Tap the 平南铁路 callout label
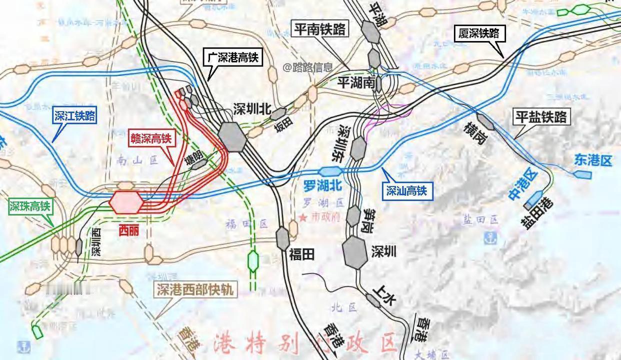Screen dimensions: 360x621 pyautogui.click(x=320, y=29)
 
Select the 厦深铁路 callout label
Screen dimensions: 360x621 pyautogui.click(x=479, y=33)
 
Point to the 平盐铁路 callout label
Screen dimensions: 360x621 pyautogui.click(x=541, y=117)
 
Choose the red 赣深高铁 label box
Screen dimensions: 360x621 pyautogui.click(x=150, y=138)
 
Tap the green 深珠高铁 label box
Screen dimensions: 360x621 pyautogui.click(x=30, y=205)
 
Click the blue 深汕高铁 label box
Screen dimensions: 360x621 pyautogui.click(x=406, y=190)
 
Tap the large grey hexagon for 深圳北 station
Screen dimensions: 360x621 pyautogui.click(x=232, y=136)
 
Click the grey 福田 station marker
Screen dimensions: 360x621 pyautogui.click(x=282, y=238)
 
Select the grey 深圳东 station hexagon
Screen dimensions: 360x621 pyautogui.click(x=358, y=148)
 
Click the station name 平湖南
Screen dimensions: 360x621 pyautogui.click(x=355, y=82)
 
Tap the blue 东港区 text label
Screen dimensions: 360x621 pyautogui.click(x=593, y=160)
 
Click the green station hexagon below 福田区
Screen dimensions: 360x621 pyautogui.click(x=253, y=260)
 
